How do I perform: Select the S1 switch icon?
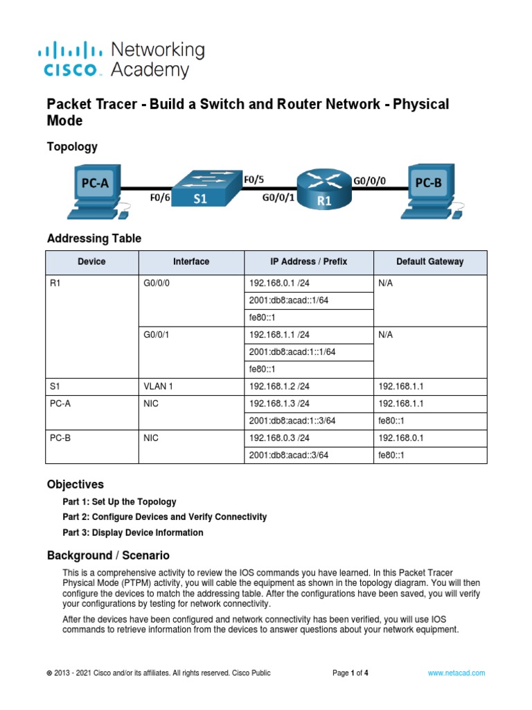click(200, 188)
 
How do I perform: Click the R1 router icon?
click(323, 189)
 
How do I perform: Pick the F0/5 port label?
click(254, 179)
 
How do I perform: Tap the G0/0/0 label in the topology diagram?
click(369, 180)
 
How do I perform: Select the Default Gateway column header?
click(429, 261)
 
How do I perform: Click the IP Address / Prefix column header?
click(308, 261)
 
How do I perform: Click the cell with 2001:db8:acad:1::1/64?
click(292, 352)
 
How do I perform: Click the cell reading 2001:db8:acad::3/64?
click(289, 455)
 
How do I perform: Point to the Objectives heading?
click(75, 484)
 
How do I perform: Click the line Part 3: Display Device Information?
click(133, 532)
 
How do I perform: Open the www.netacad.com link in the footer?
click(456, 673)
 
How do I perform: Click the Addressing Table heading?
click(94, 239)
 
